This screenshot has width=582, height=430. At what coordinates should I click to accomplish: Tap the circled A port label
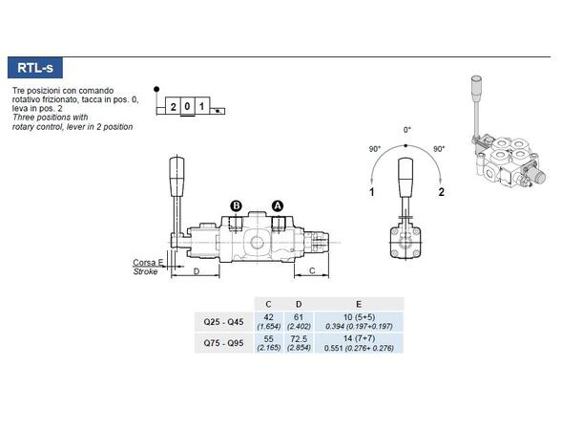[278, 205]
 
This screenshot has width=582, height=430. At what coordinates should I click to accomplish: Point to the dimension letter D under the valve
[196, 272]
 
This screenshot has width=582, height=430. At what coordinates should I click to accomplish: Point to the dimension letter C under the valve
[314, 272]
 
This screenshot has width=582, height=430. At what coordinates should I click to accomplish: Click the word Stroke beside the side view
[145, 272]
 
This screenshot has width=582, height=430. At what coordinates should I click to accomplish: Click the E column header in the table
[359, 305]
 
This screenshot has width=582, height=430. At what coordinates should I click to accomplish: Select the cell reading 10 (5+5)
[359, 317]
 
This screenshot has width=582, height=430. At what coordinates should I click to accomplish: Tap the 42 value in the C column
[268, 317]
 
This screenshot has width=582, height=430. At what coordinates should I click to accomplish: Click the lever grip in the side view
[176, 178]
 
